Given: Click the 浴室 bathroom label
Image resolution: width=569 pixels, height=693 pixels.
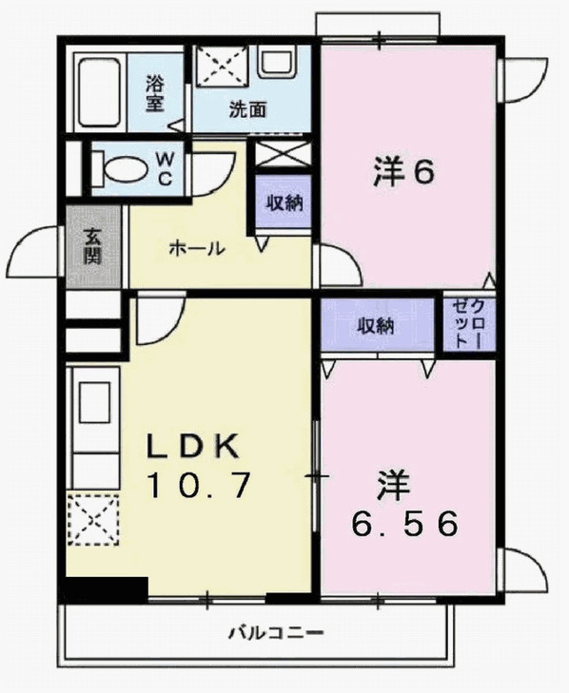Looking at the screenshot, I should click(156, 93).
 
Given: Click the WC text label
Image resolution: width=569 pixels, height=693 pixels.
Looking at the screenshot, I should click(164, 168).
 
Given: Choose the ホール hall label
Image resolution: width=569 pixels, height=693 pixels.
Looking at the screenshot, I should click(196, 249).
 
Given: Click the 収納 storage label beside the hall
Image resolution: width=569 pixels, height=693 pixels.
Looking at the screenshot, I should click(282, 202).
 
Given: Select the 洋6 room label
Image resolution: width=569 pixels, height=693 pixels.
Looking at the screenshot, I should click(403, 173).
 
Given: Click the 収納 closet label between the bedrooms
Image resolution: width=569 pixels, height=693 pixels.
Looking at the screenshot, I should click(376, 325).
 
